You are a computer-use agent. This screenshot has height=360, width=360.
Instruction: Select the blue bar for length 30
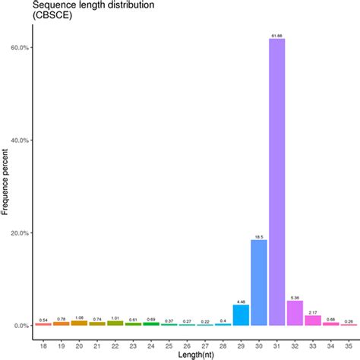[x=258, y=283]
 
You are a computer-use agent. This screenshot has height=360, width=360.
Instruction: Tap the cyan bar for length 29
[x=241, y=315]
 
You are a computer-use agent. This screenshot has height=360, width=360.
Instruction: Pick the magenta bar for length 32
[x=295, y=313]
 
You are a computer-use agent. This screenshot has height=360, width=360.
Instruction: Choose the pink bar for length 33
[x=313, y=320]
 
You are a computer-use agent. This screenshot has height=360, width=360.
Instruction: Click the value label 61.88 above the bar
[x=276, y=35]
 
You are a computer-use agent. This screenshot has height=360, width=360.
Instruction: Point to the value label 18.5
[x=258, y=236]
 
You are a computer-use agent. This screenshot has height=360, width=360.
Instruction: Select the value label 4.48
[x=241, y=302]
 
